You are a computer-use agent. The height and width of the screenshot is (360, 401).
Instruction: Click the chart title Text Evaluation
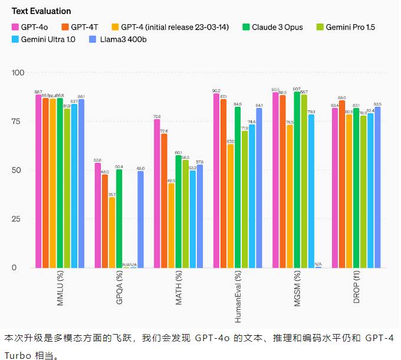pos(41,11)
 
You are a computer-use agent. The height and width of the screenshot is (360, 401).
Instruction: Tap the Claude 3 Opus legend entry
pos(272,27)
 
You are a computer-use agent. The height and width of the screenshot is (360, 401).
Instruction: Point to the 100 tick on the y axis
pos(18,73)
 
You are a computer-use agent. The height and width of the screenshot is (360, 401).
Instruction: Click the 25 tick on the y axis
pos(19,219)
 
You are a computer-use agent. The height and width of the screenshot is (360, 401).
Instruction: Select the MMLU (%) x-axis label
pos(60,290)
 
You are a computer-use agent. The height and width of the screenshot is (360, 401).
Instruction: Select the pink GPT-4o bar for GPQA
pos(98,215)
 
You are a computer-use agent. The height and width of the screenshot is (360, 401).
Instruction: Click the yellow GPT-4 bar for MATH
pos(171,225)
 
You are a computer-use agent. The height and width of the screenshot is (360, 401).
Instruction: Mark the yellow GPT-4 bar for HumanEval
pos(231,206)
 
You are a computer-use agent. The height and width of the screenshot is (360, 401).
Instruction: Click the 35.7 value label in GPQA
pos(112,194)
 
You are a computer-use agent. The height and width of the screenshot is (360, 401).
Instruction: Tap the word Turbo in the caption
pos(17,355)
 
